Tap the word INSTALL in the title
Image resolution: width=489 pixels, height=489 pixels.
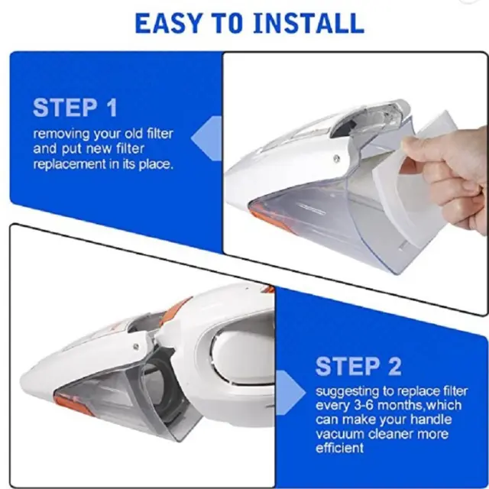[309, 24]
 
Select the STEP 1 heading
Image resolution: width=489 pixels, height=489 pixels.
[75, 108]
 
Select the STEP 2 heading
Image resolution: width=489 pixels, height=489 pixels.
[358, 366]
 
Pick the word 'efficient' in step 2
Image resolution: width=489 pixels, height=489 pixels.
[339, 448]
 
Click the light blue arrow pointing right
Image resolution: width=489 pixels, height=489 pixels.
[290, 393]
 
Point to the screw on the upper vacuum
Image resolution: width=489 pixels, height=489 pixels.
[336, 159]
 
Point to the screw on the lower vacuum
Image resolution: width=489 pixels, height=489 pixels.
[136, 345]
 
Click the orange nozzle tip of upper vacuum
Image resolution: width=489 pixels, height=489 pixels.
[265, 219]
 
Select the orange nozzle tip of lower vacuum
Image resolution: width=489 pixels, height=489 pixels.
[74, 404]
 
